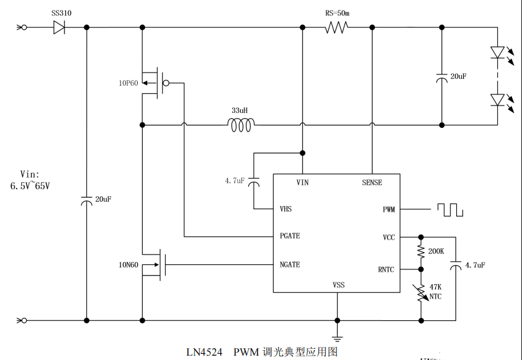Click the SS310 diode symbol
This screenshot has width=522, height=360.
click(x=60, y=27)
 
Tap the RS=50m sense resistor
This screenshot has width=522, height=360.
click(x=336, y=27)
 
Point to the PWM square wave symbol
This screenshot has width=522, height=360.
click(x=450, y=210)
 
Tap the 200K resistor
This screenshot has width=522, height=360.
click(x=421, y=252)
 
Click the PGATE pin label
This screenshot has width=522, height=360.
click(x=290, y=236)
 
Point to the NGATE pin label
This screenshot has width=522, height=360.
click(x=290, y=264)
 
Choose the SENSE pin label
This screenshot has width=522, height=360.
click(x=372, y=182)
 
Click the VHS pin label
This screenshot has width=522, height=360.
click(x=286, y=209)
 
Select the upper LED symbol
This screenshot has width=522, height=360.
click(x=498, y=52)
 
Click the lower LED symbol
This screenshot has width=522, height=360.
click(x=498, y=99)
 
